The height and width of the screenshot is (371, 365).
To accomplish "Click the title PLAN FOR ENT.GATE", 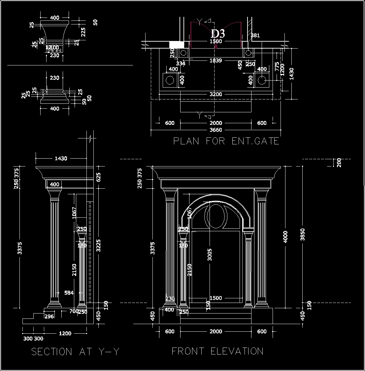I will point(226,141).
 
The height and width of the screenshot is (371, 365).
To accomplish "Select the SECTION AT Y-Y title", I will point(75,352).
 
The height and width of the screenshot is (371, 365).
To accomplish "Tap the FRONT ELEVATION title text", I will point(217,351).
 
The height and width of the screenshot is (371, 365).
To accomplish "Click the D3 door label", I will point(218,33).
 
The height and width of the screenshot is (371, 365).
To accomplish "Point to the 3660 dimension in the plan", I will point(216,130).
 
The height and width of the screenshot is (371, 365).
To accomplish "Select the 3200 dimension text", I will point(216,94).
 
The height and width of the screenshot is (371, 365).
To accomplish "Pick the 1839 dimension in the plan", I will point(216,60).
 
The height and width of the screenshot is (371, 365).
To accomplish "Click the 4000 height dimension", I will point(286,237).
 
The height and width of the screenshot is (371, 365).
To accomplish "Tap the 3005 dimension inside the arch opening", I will point(210,254).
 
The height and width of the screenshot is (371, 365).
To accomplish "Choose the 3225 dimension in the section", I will point(98,246).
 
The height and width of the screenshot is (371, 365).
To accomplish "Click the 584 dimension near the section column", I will point(69,293).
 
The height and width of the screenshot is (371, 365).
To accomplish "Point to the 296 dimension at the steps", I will point(49,316).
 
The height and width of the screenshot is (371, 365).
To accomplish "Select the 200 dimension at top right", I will point(339,163).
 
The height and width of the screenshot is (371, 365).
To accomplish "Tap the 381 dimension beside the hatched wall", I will point(255,35).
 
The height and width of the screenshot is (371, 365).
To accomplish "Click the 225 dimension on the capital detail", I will point(83,32).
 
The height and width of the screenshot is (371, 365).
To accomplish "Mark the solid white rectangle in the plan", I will point(177,45).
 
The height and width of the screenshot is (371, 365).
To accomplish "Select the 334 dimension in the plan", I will point(181,63).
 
